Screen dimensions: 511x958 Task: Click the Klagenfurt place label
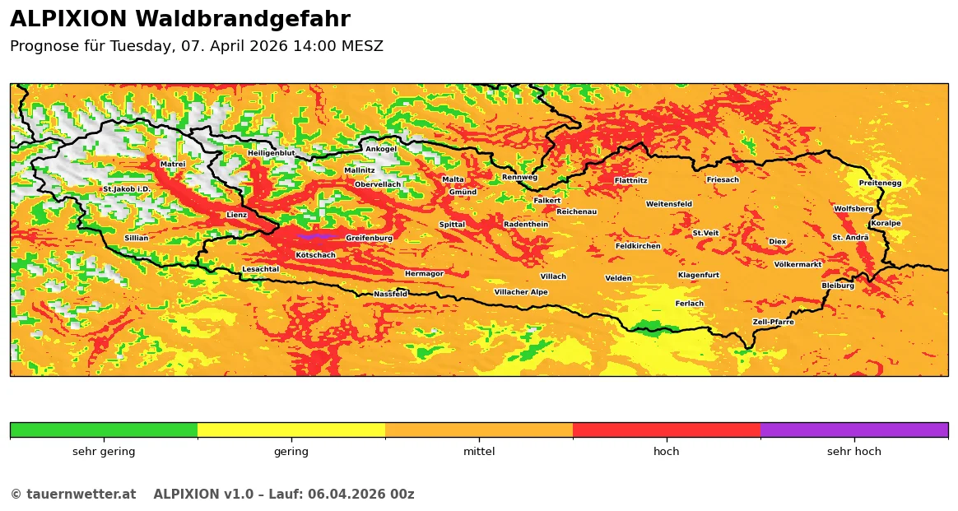coord(699,275)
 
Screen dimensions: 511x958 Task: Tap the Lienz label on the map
coord(237,215)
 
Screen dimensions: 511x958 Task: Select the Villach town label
coord(553,276)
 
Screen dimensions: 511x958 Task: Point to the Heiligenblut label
coord(272,153)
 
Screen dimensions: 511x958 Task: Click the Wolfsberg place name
coord(853,209)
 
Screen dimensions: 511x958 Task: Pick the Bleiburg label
coord(838,286)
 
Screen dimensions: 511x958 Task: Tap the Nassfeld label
coord(391,294)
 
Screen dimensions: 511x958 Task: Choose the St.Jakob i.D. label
coord(126,189)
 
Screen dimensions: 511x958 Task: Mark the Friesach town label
coord(723,179)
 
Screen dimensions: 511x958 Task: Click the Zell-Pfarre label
coord(774,322)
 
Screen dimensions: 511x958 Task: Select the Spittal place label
coord(452,225)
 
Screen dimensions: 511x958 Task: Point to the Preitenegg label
coord(880,183)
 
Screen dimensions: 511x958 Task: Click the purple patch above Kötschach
coord(315,236)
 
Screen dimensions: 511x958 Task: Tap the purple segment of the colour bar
coord(853,430)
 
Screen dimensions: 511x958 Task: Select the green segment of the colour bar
coord(104,430)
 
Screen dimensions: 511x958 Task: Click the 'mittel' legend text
coord(479,452)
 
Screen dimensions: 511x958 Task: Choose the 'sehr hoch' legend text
coord(853,452)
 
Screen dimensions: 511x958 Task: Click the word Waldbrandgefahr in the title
coord(242,20)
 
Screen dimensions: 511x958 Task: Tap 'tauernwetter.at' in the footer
coord(81,495)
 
